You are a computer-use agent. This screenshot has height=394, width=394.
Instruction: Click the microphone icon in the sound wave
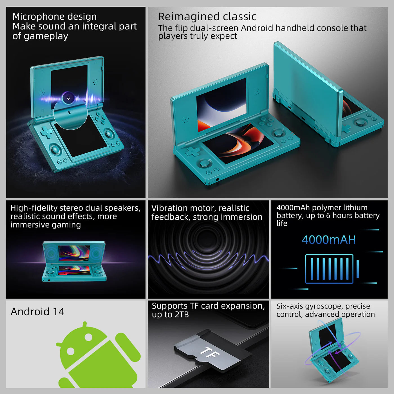tap(68, 98)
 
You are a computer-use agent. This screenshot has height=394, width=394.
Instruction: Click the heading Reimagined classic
tap(207, 17)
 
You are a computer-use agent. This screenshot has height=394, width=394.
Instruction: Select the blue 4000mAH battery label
tap(329, 240)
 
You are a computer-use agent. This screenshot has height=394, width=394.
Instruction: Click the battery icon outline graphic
tap(329, 269)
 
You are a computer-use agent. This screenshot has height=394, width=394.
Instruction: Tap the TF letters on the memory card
tap(210, 352)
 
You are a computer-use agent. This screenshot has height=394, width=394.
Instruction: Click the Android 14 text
tap(37, 312)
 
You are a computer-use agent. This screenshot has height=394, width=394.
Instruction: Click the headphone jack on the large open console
tap(217, 179)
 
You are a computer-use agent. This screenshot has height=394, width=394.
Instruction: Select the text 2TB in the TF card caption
tap(182, 315)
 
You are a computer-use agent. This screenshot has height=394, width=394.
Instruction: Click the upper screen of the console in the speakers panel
tap(74, 252)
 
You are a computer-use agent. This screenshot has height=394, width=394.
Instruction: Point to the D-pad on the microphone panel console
tap(46, 132)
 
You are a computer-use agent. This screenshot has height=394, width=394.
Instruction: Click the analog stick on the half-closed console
tap(361, 122)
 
